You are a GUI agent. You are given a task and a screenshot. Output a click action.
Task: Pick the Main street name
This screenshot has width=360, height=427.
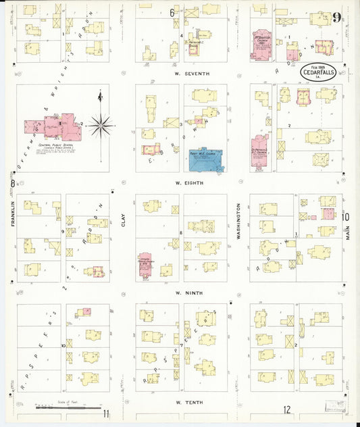point(349,234)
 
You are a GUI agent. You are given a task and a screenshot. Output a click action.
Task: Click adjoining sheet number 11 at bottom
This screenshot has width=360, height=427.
point(106,413)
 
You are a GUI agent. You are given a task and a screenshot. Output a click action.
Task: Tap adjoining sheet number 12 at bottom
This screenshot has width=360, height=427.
point(287,410)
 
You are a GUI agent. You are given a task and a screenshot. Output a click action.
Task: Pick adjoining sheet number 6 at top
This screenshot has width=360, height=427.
point(172,12)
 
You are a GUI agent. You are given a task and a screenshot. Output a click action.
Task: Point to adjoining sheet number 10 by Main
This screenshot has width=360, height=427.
point(345,217)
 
